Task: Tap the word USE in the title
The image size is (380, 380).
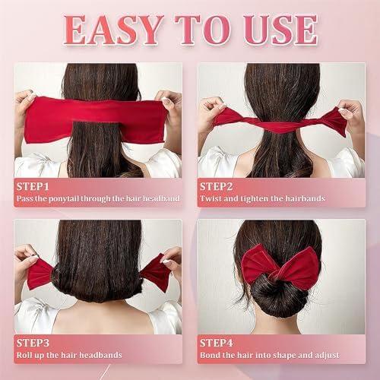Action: pyautogui.click(x=278, y=29)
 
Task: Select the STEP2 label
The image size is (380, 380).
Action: pyautogui.click(x=217, y=185)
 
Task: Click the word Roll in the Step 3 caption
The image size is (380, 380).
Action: pyautogui.click(x=25, y=356)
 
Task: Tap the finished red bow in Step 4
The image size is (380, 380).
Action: pyautogui.click(x=279, y=266)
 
